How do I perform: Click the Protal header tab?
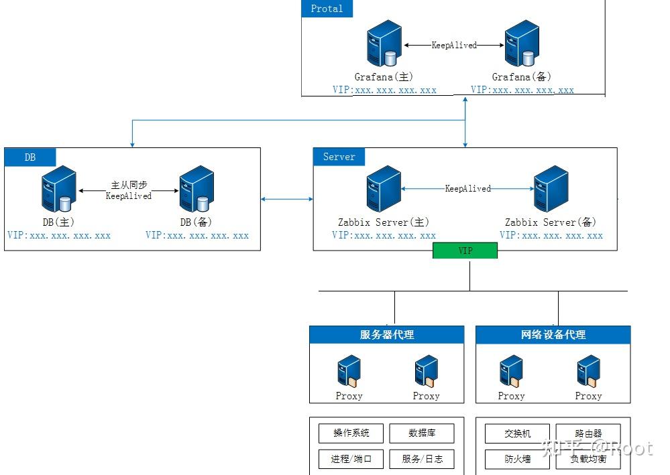tap(327, 9)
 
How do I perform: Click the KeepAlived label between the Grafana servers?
tap(454, 46)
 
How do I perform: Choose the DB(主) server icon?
tap(59, 190)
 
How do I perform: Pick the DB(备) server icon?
tap(197, 190)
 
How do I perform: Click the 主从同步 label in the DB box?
tap(129, 184)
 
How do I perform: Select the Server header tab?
tap(339, 157)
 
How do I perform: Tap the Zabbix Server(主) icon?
tap(384, 189)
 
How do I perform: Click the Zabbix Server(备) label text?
tap(550, 222)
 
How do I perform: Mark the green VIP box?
tap(465, 251)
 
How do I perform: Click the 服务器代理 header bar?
tap(386, 335)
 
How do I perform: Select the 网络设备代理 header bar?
tap(553, 335)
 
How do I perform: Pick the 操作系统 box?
tap(351, 433)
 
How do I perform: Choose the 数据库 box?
tap(422, 433)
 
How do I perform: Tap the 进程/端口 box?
tap(351, 460)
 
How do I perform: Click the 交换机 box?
tap(517, 433)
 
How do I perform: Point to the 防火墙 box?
tap(517, 460)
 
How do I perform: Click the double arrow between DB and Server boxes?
tap(287, 199)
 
